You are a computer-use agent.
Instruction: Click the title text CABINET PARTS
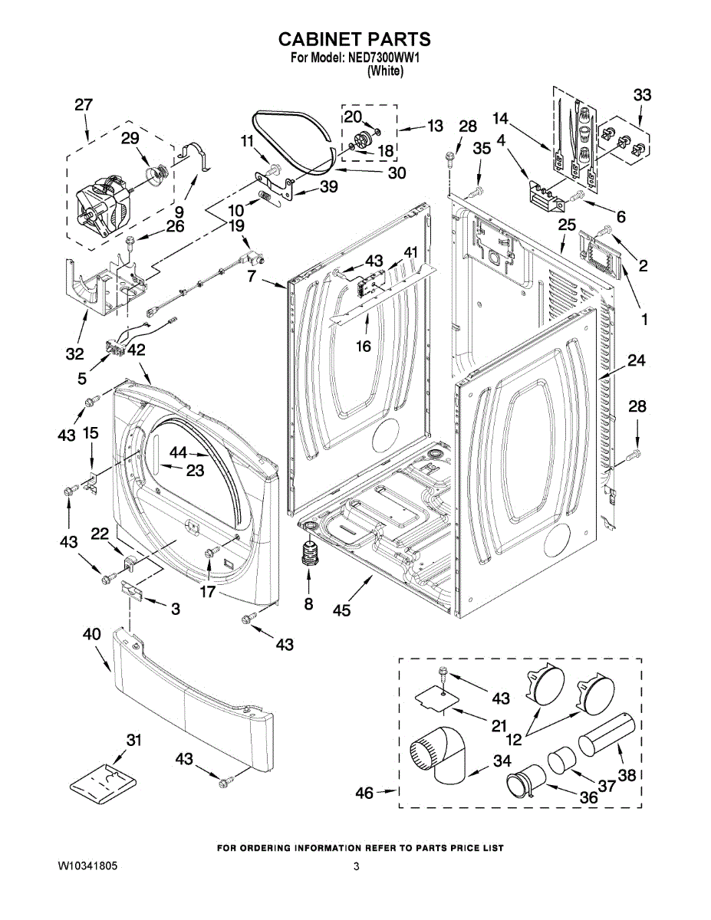[354, 39]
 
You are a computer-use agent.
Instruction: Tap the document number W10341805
[87, 866]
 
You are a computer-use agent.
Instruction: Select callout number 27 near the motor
[84, 106]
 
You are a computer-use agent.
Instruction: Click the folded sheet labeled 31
[104, 782]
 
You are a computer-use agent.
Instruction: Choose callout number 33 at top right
[642, 95]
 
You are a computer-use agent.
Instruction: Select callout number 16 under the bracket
[363, 347]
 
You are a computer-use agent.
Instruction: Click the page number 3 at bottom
[356, 866]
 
